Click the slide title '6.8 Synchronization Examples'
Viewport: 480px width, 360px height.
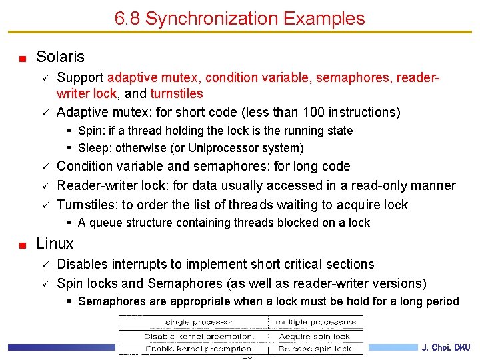coord(239,19)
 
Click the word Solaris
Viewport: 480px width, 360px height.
coord(60,57)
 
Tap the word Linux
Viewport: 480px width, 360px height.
coord(55,243)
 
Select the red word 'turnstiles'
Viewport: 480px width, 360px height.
coord(176,94)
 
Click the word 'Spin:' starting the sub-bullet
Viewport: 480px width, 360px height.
coord(91,131)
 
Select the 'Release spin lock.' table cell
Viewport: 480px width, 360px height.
coord(316,348)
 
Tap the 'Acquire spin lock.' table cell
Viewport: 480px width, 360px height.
coord(316,335)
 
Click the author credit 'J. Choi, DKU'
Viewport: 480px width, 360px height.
coord(446,347)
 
